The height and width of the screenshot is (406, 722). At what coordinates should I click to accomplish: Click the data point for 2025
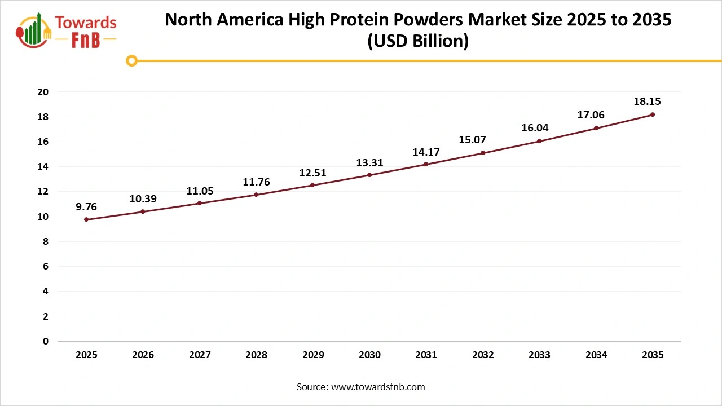pos(86,219)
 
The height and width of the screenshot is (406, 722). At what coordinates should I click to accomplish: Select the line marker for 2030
pos(369,175)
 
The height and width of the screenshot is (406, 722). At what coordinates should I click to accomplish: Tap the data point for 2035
pos(653,114)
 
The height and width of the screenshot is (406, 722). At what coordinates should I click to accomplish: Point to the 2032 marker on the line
pos(483,153)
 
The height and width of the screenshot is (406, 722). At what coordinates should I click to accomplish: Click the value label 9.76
pos(86,207)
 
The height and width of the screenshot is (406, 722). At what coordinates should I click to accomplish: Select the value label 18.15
pos(647,102)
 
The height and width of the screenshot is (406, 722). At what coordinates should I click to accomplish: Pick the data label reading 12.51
pos(312,173)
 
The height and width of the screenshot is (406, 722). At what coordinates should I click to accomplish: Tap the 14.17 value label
pos(426,152)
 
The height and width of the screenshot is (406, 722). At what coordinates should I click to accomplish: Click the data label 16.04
pos(535,128)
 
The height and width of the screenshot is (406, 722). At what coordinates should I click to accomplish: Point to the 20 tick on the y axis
pos(43,92)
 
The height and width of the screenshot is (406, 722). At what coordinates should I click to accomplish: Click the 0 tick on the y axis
pos(46,341)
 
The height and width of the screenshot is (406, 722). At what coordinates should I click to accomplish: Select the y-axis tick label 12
pos(43,192)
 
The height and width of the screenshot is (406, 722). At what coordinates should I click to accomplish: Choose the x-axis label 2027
pos(200,355)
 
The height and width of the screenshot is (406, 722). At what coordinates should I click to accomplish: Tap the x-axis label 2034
pos(596,355)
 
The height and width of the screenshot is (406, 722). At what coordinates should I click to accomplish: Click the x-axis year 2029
pos(312,355)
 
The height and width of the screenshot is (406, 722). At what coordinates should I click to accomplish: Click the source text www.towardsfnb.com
pos(378,387)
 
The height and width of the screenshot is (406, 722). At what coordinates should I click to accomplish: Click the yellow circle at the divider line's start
pos(132,60)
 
